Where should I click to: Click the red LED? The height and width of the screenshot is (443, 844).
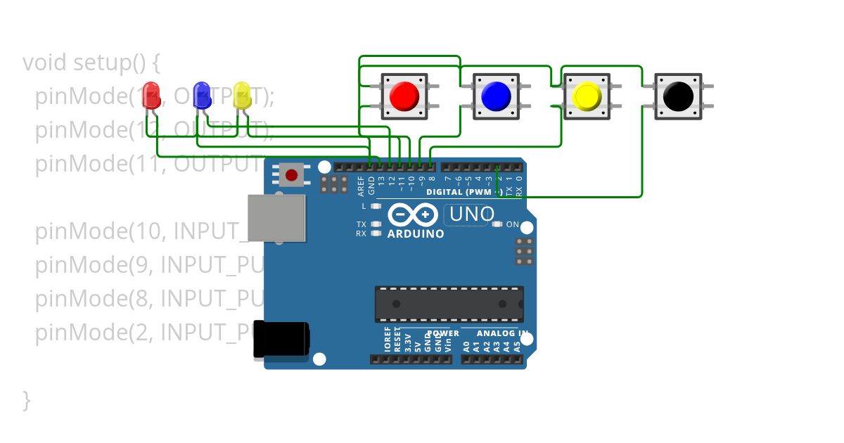151,94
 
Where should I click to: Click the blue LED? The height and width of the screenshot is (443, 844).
202,94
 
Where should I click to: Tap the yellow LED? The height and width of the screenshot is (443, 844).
241,94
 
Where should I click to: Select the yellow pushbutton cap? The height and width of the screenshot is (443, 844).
587,96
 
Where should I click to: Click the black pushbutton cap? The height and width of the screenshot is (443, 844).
678,96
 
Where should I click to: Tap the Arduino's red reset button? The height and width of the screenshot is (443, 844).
291,173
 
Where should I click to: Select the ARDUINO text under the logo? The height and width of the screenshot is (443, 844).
415,233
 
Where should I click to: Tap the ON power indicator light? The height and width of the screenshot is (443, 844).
497,224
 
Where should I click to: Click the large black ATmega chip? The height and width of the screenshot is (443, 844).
449,304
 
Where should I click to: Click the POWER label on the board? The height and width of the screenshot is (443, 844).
442,333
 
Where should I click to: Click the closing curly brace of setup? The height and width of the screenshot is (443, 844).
27,399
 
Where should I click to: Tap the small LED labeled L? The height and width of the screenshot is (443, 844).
376,206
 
